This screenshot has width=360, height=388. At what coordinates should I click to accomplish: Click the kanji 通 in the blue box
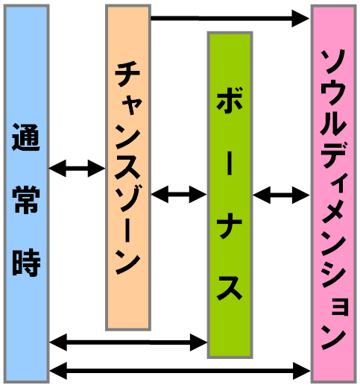tap(26, 137)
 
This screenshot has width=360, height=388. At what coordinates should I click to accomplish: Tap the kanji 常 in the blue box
tap(26, 200)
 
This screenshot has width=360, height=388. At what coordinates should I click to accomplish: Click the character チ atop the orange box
tap(127, 75)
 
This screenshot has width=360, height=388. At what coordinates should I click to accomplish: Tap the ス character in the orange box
tap(127, 167)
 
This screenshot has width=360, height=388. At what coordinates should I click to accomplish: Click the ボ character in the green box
tap(230, 100)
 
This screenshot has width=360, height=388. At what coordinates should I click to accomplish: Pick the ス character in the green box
tap(230, 288)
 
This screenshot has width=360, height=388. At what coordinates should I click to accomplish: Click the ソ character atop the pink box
tap(333, 61)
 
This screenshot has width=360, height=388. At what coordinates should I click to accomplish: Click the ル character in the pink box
tap(333, 123)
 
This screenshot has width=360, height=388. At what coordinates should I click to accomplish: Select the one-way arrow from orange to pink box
tap(230, 18)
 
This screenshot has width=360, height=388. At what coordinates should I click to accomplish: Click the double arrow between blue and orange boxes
tap(77, 169)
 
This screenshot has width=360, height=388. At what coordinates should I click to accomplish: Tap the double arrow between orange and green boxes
tap(179, 194)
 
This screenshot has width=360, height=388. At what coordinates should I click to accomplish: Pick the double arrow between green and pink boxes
tap(281, 195)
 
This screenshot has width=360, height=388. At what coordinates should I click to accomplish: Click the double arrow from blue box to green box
tap(128, 342)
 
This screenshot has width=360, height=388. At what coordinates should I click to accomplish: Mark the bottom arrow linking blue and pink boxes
tap(180, 371)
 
